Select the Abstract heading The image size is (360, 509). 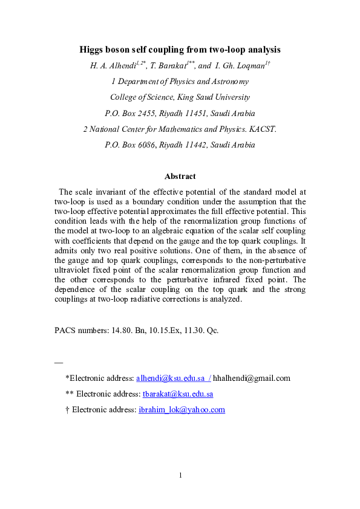180,177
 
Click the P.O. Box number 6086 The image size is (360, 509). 146,145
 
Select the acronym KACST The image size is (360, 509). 262,129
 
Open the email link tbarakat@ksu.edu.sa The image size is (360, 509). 177,394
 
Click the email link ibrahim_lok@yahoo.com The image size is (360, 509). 182,410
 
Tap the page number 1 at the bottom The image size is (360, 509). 180,476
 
